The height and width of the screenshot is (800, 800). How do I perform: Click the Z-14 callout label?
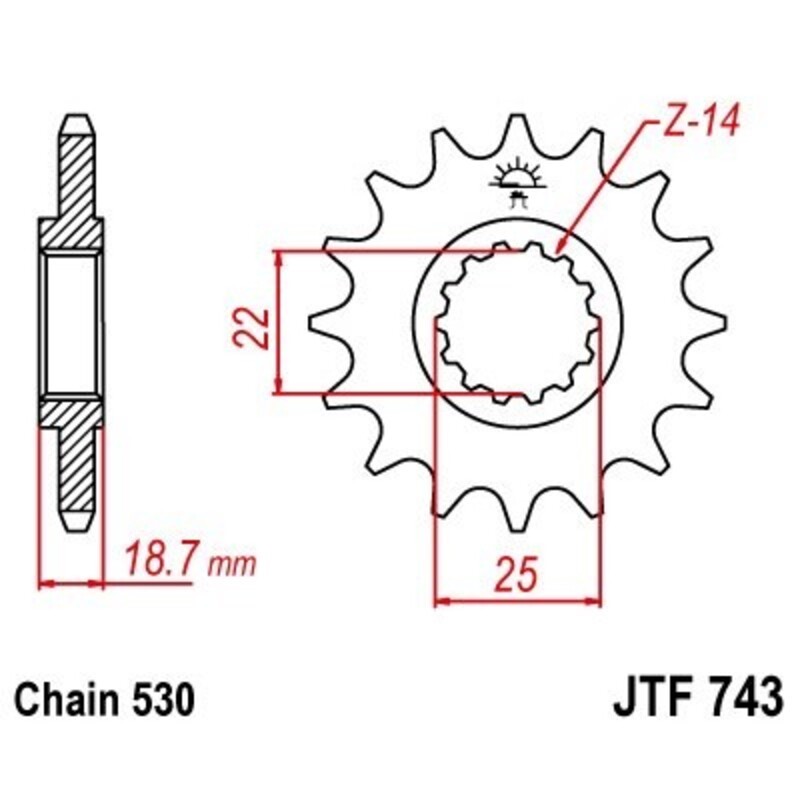click(x=699, y=124)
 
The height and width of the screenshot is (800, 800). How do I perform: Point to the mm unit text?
click(x=233, y=565)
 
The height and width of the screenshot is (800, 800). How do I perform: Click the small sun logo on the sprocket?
click(x=518, y=179)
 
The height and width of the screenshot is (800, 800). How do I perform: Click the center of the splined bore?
click(x=518, y=323)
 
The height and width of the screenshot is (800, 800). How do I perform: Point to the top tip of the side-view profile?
click(x=76, y=120)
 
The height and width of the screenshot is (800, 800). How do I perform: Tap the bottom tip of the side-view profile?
click(x=76, y=526)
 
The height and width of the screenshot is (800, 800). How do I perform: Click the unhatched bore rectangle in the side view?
click(x=71, y=323)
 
